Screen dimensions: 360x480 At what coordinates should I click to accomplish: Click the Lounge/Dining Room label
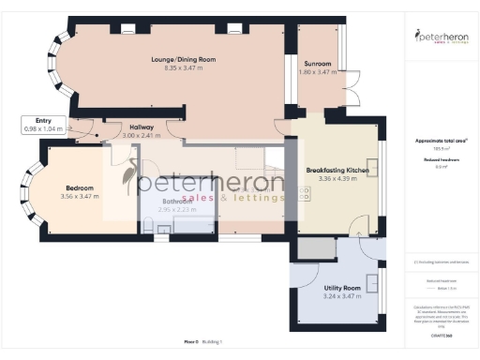click(183, 59)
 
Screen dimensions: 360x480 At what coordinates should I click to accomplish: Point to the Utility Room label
click(341, 288)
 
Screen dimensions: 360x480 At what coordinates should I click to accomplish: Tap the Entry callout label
click(43, 120)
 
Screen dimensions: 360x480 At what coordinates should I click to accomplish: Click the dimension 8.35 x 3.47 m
click(183, 67)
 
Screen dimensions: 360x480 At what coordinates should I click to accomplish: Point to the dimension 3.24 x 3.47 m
click(341, 296)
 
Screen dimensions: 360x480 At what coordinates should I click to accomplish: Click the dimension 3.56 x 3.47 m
click(79, 197)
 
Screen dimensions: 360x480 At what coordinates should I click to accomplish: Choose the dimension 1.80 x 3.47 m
click(316, 72)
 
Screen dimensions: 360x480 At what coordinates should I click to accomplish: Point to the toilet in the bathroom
click(150, 225)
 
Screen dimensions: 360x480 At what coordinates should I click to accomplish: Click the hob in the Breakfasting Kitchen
click(305, 194)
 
